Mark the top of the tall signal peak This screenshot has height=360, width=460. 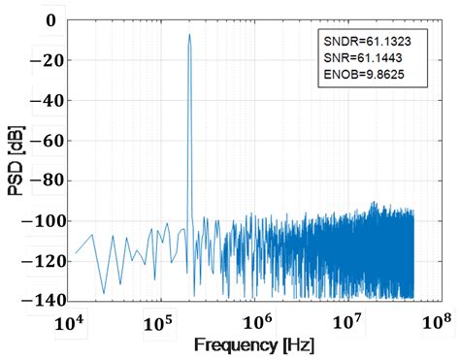pos(189,35)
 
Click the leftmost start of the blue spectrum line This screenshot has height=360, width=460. pos(76,253)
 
